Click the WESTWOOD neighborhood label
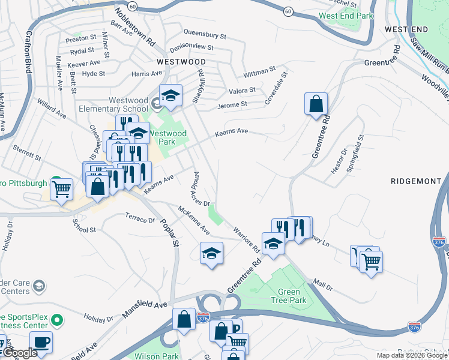point(181,62)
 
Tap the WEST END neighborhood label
point(406,29)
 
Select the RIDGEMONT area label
point(415,181)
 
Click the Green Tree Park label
point(289,296)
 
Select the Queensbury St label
point(205,35)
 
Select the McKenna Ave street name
point(193,220)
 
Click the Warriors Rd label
point(246,238)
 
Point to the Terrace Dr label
point(140,219)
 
